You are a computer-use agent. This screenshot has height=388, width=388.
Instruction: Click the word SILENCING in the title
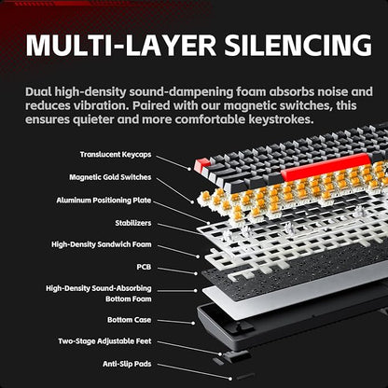298,46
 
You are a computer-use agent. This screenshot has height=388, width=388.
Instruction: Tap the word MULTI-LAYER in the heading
121,46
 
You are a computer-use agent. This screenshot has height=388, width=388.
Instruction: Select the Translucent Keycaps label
116,155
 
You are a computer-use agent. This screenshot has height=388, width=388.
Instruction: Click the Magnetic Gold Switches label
110,177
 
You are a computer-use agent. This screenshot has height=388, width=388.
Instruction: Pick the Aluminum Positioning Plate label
104,201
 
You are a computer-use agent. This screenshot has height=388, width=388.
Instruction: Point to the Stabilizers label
133,223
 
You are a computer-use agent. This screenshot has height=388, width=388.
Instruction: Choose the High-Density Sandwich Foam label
102,244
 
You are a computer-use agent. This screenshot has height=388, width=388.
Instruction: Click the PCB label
144,267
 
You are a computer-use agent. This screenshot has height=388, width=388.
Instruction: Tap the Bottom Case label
130,320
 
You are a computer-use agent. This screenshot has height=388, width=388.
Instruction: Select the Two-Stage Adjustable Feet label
104,341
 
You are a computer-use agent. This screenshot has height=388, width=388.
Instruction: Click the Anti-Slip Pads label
127,364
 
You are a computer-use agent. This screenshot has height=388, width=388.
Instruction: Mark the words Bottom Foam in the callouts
129,298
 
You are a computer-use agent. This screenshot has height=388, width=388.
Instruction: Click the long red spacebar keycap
326,167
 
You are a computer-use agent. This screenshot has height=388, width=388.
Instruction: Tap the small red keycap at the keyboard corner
201,166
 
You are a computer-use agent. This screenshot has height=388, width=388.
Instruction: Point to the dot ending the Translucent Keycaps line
189,169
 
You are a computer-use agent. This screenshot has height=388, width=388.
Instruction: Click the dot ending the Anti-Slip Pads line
230,379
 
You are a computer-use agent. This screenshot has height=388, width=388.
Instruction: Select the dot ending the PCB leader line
196,273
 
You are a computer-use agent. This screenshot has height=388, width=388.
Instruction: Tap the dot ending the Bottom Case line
193,324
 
